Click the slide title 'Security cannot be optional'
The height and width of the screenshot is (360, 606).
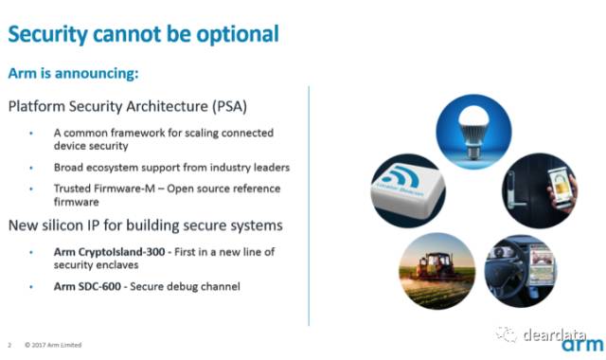(x=143, y=34)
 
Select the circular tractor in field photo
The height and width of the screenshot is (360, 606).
(x=437, y=270)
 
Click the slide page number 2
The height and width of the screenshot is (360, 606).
(x=9, y=345)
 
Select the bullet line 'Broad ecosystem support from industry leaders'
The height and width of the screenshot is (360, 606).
(x=171, y=168)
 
